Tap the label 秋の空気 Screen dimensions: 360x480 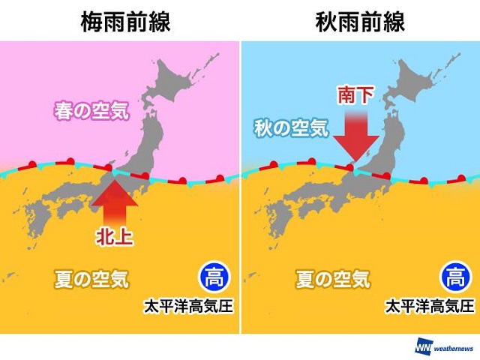pyautogui.click(x=290, y=128)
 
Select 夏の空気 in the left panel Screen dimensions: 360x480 pyautogui.click(x=92, y=280)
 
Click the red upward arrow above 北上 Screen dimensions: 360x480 pyautogui.click(x=115, y=196)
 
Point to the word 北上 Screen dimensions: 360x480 pyautogui.click(x=115, y=237)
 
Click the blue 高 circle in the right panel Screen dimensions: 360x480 pyautogui.click(x=453, y=277)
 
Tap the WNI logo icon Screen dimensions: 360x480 pyautogui.click(x=422, y=346)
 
